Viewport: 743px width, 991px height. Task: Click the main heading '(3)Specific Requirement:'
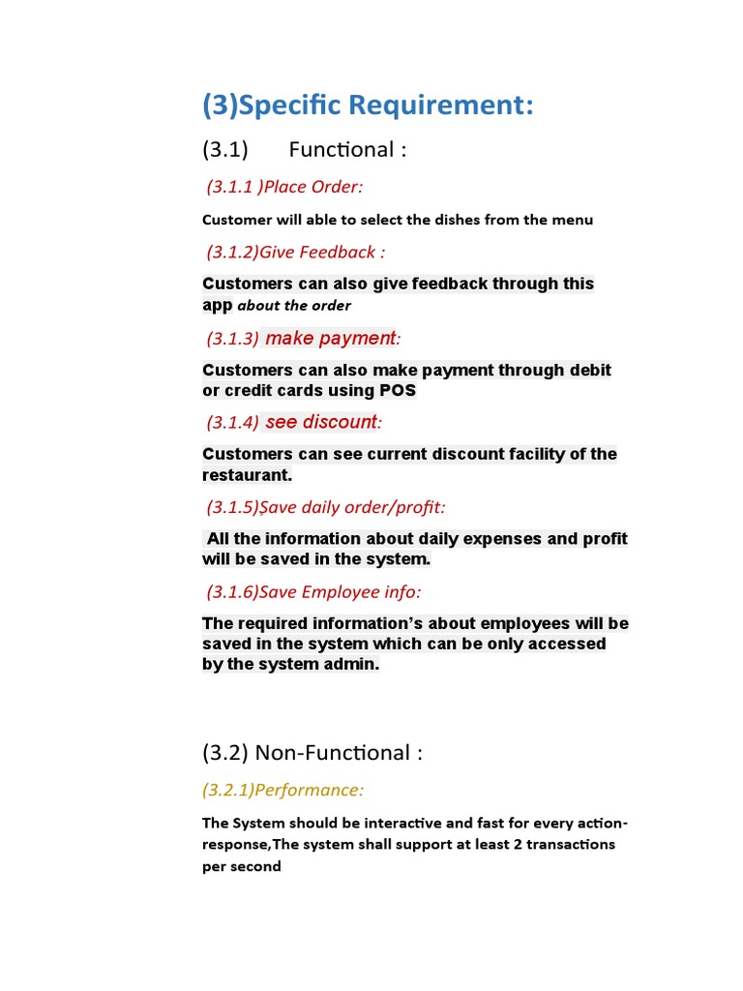(x=368, y=105)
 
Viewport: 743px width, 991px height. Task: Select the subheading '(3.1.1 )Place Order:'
(x=284, y=187)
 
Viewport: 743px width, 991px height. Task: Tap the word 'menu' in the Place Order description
(x=572, y=220)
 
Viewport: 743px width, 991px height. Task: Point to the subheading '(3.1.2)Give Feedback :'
(x=295, y=253)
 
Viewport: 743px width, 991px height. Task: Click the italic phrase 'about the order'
(x=294, y=306)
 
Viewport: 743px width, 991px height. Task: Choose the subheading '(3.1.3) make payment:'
(x=303, y=338)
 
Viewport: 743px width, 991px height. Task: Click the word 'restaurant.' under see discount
(x=247, y=475)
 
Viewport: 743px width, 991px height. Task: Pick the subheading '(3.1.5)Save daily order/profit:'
(x=325, y=507)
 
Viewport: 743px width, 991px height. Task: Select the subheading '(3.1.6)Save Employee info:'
(x=313, y=591)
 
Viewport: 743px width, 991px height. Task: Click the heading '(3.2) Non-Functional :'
(x=312, y=753)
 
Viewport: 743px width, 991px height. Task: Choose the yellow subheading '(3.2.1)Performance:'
(x=283, y=791)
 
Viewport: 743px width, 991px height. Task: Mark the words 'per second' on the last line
(x=241, y=866)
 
